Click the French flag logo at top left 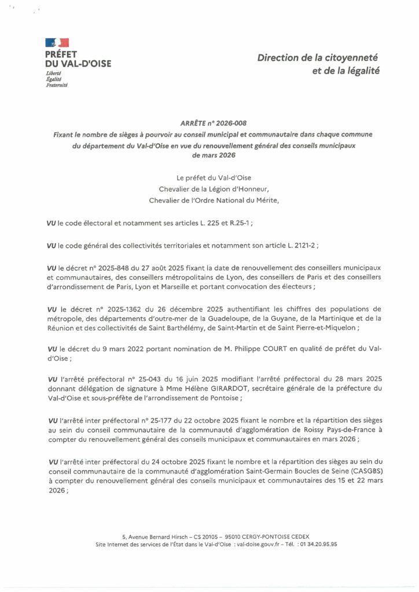click(x=57, y=42)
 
